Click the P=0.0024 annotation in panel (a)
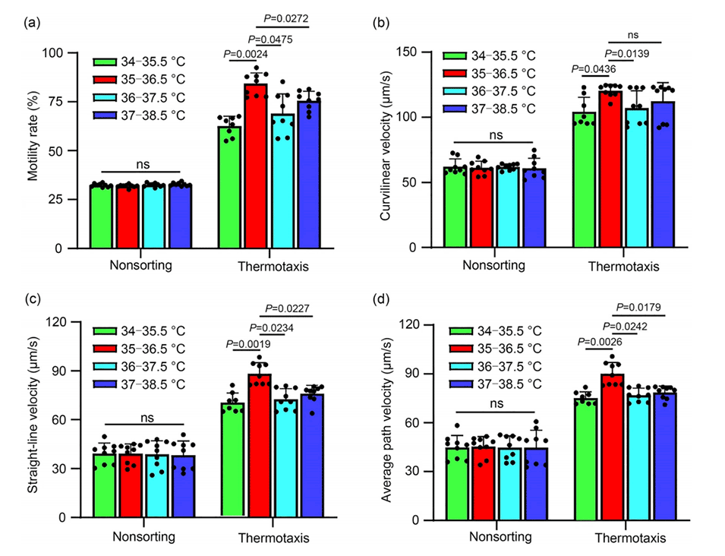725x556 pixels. [x=246, y=54]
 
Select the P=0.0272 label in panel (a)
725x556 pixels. [x=285, y=18]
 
